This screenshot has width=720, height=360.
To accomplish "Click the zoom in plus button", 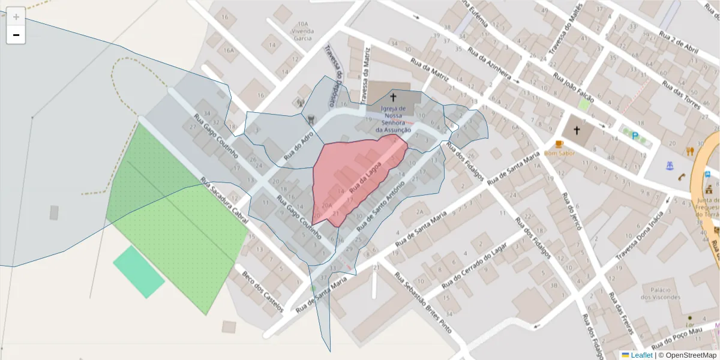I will pyautogui.click(x=16, y=16).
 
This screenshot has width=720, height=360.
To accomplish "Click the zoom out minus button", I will pyautogui.click(x=16, y=35).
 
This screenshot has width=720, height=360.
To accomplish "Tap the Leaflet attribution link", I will pyautogui.click(x=641, y=355).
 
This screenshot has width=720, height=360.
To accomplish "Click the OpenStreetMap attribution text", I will pyautogui.click(x=687, y=355).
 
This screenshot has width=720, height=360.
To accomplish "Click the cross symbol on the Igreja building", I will pyautogui.click(x=394, y=97).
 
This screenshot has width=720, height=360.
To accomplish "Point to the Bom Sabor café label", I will pyautogui.click(x=560, y=153).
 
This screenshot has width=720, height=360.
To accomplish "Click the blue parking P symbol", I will pyautogui.click(x=635, y=136).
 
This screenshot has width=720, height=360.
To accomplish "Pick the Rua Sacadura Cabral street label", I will pyautogui.click(x=224, y=201).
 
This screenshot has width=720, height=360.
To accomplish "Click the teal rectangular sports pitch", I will pyautogui.click(x=139, y=272).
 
